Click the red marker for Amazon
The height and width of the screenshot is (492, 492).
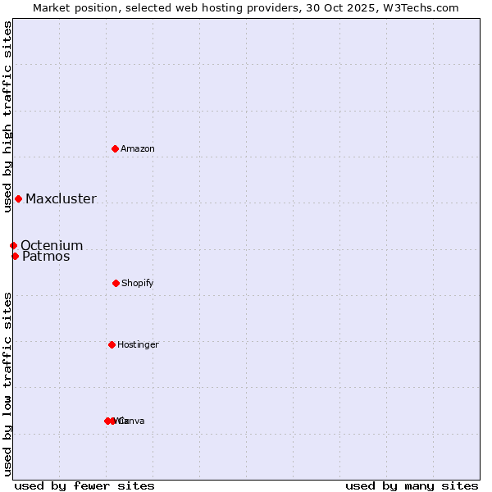point(116,148)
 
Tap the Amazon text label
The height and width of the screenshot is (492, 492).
point(138,148)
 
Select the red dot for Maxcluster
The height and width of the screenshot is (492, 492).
point(18,198)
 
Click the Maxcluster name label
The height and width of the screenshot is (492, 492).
point(61,198)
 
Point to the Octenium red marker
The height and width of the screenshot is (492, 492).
point(13,245)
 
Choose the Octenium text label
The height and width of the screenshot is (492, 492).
point(52,245)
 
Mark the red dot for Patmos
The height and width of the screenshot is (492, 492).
point(15,256)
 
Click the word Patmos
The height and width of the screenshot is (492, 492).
point(46,256)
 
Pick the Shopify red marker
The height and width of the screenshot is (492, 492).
point(116,283)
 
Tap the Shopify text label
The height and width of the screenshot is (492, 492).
point(138,283)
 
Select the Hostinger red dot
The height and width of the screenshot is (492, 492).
point(112,344)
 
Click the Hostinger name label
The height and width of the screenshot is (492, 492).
point(138,344)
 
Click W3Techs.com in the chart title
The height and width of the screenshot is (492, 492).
point(421,7)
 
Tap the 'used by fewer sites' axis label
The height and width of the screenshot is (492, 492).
point(84,485)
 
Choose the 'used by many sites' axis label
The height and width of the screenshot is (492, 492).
point(412,485)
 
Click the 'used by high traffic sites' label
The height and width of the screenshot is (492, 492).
point(7,116)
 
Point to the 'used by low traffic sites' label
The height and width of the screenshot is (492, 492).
point(7,384)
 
